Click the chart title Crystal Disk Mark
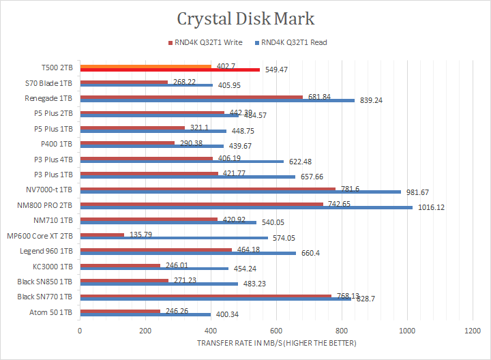245,18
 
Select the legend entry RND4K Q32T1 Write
207,42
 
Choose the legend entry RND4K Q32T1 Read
294,42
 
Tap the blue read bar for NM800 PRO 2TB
245,207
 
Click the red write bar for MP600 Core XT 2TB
102,235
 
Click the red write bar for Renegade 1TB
191,97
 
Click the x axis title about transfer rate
276,342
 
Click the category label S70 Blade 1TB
53,83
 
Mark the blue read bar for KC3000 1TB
154,268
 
